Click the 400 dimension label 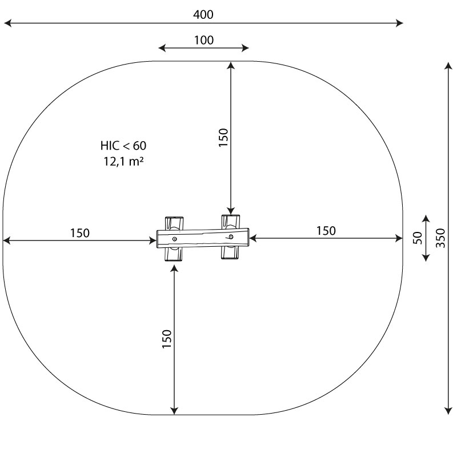point(203,14)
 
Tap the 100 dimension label point(204,40)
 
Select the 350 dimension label point(440,238)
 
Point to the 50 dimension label point(418,238)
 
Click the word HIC point(110,146)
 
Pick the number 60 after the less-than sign point(139,146)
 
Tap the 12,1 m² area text point(123,161)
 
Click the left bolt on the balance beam point(174,239)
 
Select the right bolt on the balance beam point(231,236)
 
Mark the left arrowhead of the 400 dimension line point(7,23)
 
